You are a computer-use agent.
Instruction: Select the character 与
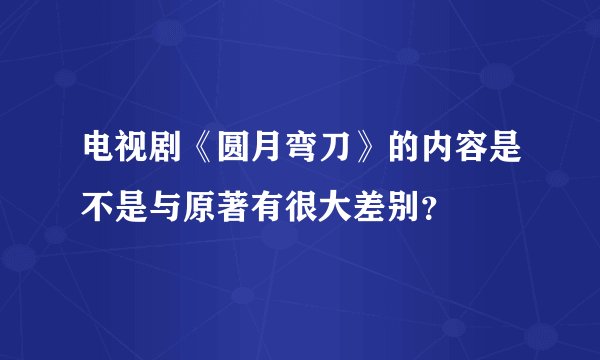point(170,208)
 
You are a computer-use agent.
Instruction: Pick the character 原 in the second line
point(206,208)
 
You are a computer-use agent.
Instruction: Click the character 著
point(242,208)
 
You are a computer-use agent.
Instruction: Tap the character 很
point(314,208)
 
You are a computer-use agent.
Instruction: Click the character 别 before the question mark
point(421,208)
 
